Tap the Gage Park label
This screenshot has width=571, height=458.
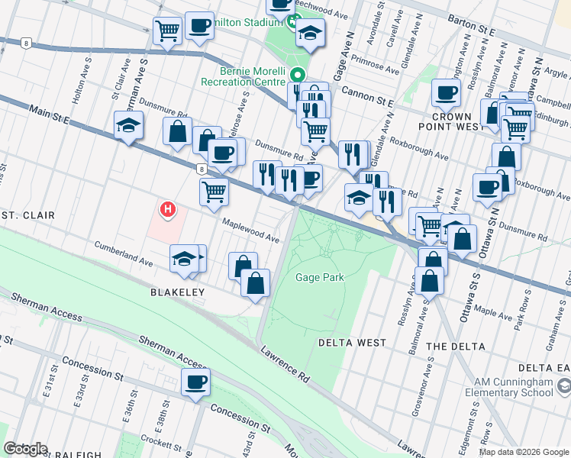click(319, 277)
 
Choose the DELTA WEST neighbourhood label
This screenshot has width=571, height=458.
click(352, 343)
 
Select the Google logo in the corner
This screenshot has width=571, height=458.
click(26, 449)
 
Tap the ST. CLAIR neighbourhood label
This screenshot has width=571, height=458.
click(27, 215)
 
